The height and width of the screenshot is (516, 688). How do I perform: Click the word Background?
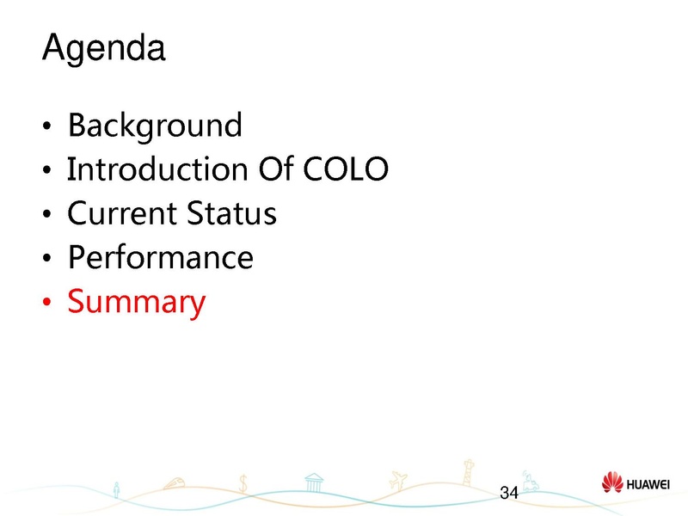pos(154,126)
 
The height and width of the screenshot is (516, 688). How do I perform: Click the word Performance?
pos(160,257)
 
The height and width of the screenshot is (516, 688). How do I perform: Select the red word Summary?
pos(137,302)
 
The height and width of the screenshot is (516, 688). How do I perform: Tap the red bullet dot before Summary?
pos(48,303)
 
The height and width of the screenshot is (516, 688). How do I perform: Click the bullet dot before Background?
pos(48,127)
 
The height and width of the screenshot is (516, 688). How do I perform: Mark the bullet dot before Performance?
pos(48,258)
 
